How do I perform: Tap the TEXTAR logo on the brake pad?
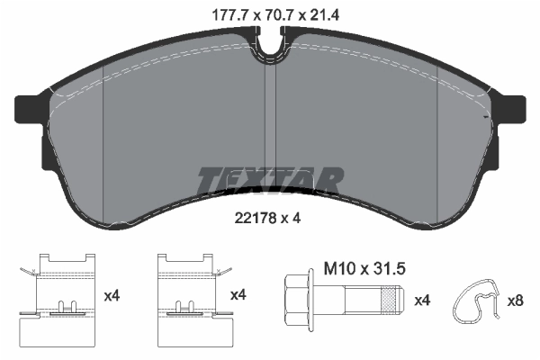pyautogui.click(x=270, y=180)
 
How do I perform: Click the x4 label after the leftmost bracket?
pyautogui.click(x=112, y=294)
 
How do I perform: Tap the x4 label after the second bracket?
pyautogui.click(x=238, y=294)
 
